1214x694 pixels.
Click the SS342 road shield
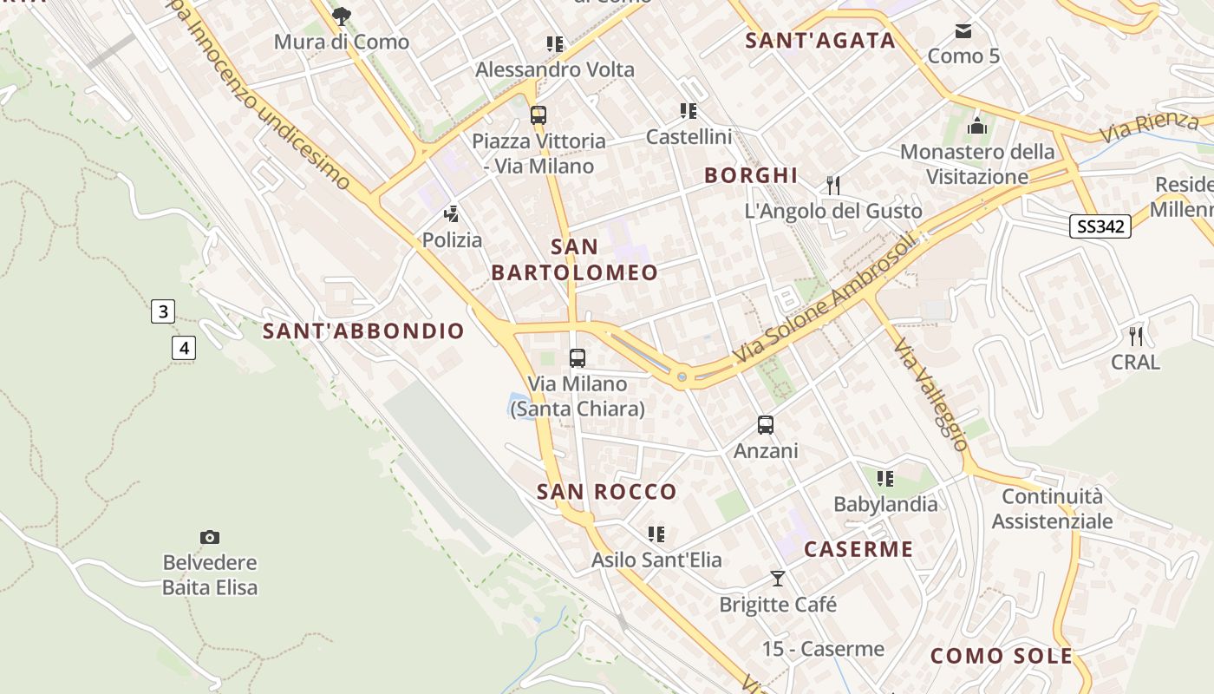[x=1100, y=226]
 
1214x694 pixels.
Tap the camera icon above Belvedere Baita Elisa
[x=209, y=538]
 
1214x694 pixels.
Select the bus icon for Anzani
[x=765, y=425]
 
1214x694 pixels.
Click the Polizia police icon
[x=451, y=213]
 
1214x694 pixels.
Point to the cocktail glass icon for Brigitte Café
[x=778, y=578]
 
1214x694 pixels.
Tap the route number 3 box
[x=163, y=311]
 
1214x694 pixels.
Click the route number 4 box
[x=184, y=348]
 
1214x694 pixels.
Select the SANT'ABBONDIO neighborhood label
[x=363, y=331]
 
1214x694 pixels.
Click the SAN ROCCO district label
[x=606, y=492]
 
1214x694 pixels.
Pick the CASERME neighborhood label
[x=858, y=549]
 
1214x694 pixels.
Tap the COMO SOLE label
[x=1001, y=656]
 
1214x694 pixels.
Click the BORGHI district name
[x=751, y=175]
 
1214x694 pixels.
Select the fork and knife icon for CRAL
[x=1136, y=336]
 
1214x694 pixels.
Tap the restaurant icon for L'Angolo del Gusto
[x=832, y=185]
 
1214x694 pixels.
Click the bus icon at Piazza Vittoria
[x=538, y=115]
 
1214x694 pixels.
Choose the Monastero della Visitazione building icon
[x=977, y=126]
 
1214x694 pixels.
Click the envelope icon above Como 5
[x=963, y=31]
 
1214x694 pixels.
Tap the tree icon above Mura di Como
[x=342, y=16]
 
